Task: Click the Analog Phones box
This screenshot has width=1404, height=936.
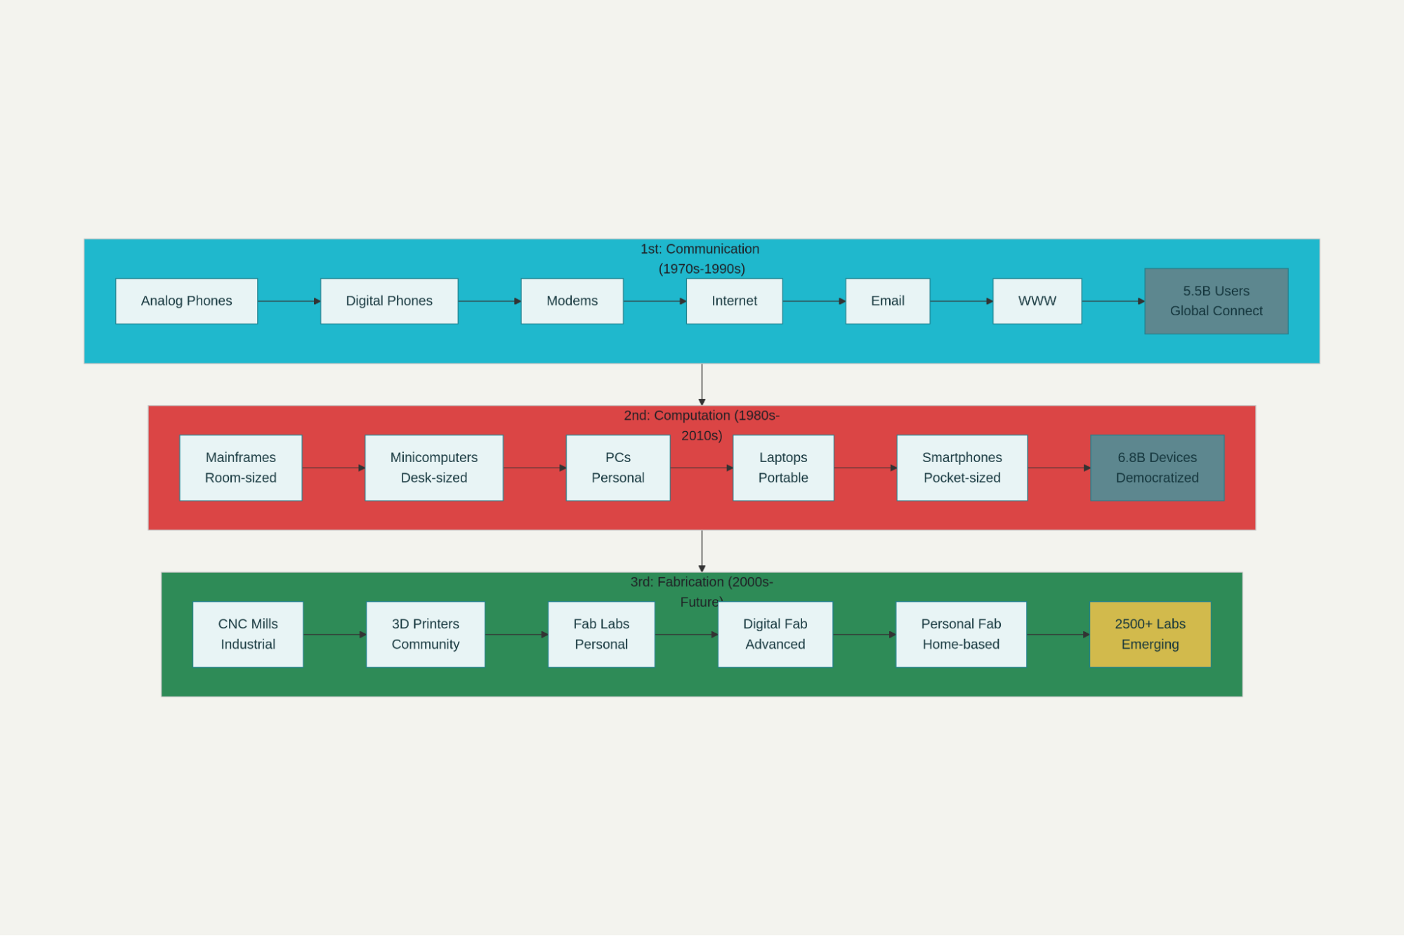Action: click(x=186, y=301)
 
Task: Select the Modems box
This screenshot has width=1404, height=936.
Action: click(x=572, y=301)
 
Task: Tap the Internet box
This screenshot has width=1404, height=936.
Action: click(x=734, y=301)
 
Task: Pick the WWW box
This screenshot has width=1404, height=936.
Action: click(x=1037, y=301)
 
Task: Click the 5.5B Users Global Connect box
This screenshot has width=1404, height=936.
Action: click(x=1216, y=301)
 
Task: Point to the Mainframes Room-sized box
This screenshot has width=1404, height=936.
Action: click(x=240, y=468)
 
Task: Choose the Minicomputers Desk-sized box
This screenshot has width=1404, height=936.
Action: click(x=433, y=468)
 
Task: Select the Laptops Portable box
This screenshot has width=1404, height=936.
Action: click(x=783, y=468)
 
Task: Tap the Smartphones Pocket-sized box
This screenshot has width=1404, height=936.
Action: click(x=962, y=468)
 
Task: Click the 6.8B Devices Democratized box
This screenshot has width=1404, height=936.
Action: click(x=1157, y=468)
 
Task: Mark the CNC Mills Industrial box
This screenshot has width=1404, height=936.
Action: click(x=247, y=634)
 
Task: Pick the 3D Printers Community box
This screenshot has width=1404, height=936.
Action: click(x=425, y=634)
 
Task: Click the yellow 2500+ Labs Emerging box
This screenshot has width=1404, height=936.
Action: click(x=1150, y=634)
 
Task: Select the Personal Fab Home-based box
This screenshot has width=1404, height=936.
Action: click(x=961, y=634)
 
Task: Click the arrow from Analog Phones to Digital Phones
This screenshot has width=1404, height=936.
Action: click(x=289, y=301)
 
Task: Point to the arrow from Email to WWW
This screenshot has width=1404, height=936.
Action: click(x=961, y=301)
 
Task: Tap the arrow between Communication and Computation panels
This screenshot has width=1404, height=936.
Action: click(x=702, y=384)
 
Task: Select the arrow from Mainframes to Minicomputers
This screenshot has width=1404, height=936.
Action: click(x=333, y=468)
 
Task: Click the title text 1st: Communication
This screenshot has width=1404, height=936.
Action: click(x=700, y=249)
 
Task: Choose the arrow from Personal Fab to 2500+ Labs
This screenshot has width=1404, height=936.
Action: click(x=1058, y=634)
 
